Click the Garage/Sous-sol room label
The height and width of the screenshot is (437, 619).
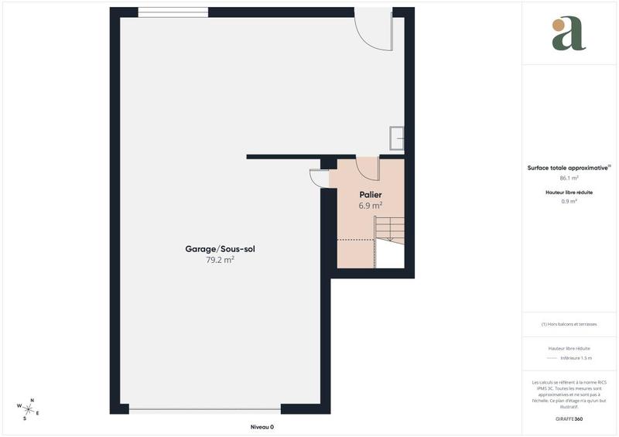(x=220, y=249)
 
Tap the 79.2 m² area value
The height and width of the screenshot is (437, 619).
(x=220, y=261)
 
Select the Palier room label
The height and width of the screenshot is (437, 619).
(x=371, y=195)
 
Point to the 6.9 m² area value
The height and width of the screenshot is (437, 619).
(x=371, y=206)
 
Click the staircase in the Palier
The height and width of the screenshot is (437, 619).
(x=389, y=230)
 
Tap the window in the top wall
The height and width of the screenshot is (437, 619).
(x=173, y=12)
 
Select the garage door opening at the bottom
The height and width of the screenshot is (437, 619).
(x=205, y=410)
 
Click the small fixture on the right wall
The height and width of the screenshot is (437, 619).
(x=397, y=138)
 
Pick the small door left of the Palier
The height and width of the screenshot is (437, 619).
(x=318, y=178)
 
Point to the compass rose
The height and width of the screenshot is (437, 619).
(x=29, y=408)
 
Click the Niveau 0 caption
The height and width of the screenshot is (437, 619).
(x=262, y=427)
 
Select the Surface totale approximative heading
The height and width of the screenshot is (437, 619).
(x=569, y=167)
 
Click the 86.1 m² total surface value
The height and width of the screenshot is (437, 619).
(x=569, y=178)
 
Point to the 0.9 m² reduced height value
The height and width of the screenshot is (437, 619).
(x=569, y=201)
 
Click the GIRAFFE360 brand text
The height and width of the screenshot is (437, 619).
(x=569, y=418)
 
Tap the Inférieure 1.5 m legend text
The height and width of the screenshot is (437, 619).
(x=576, y=358)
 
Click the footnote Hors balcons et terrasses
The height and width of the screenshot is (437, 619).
(x=569, y=324)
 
